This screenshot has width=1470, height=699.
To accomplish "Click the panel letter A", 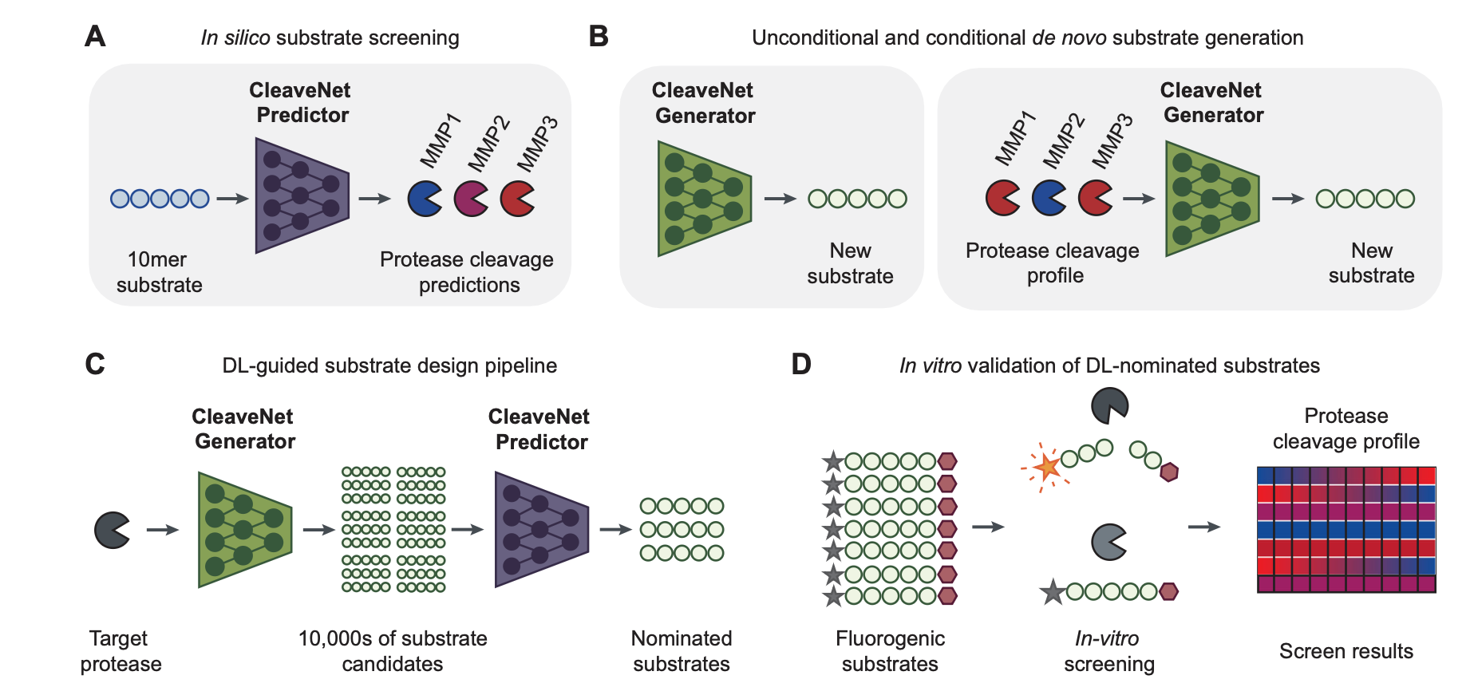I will click(95, 37).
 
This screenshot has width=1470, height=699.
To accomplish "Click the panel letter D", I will click(800, 365).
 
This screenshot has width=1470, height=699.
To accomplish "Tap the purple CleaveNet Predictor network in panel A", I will click(301, 195).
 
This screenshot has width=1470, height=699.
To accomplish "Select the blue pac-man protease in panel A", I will click(424, 199).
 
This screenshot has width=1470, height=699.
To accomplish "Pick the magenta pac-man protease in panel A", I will click(470, 199).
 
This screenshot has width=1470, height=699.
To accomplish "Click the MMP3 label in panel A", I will click(537, 144).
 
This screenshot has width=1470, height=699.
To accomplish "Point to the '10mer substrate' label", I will click(159, 272).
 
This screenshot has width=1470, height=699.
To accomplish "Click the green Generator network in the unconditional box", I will click(703, 199).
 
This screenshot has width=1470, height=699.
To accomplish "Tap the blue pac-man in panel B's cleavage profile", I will click(1048, 198).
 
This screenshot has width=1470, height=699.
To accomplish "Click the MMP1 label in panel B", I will click(1015, 139).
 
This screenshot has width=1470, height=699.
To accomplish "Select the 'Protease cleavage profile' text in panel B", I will click(1053, 263).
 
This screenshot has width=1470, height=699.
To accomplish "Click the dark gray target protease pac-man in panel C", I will click(112, 530).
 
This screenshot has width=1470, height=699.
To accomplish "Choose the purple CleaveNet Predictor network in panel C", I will click(540, 529).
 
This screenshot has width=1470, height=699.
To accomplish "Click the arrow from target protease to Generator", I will click(163, 530).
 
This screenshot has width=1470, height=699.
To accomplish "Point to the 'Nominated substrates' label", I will click(681, 651).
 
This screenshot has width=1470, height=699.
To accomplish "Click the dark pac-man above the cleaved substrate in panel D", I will click(1108, 405).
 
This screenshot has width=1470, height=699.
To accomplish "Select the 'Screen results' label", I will click(1346, 651).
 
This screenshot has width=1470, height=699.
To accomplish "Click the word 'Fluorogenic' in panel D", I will click(890, 638).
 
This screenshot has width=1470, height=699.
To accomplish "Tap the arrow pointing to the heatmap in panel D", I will click(1203, 527).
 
